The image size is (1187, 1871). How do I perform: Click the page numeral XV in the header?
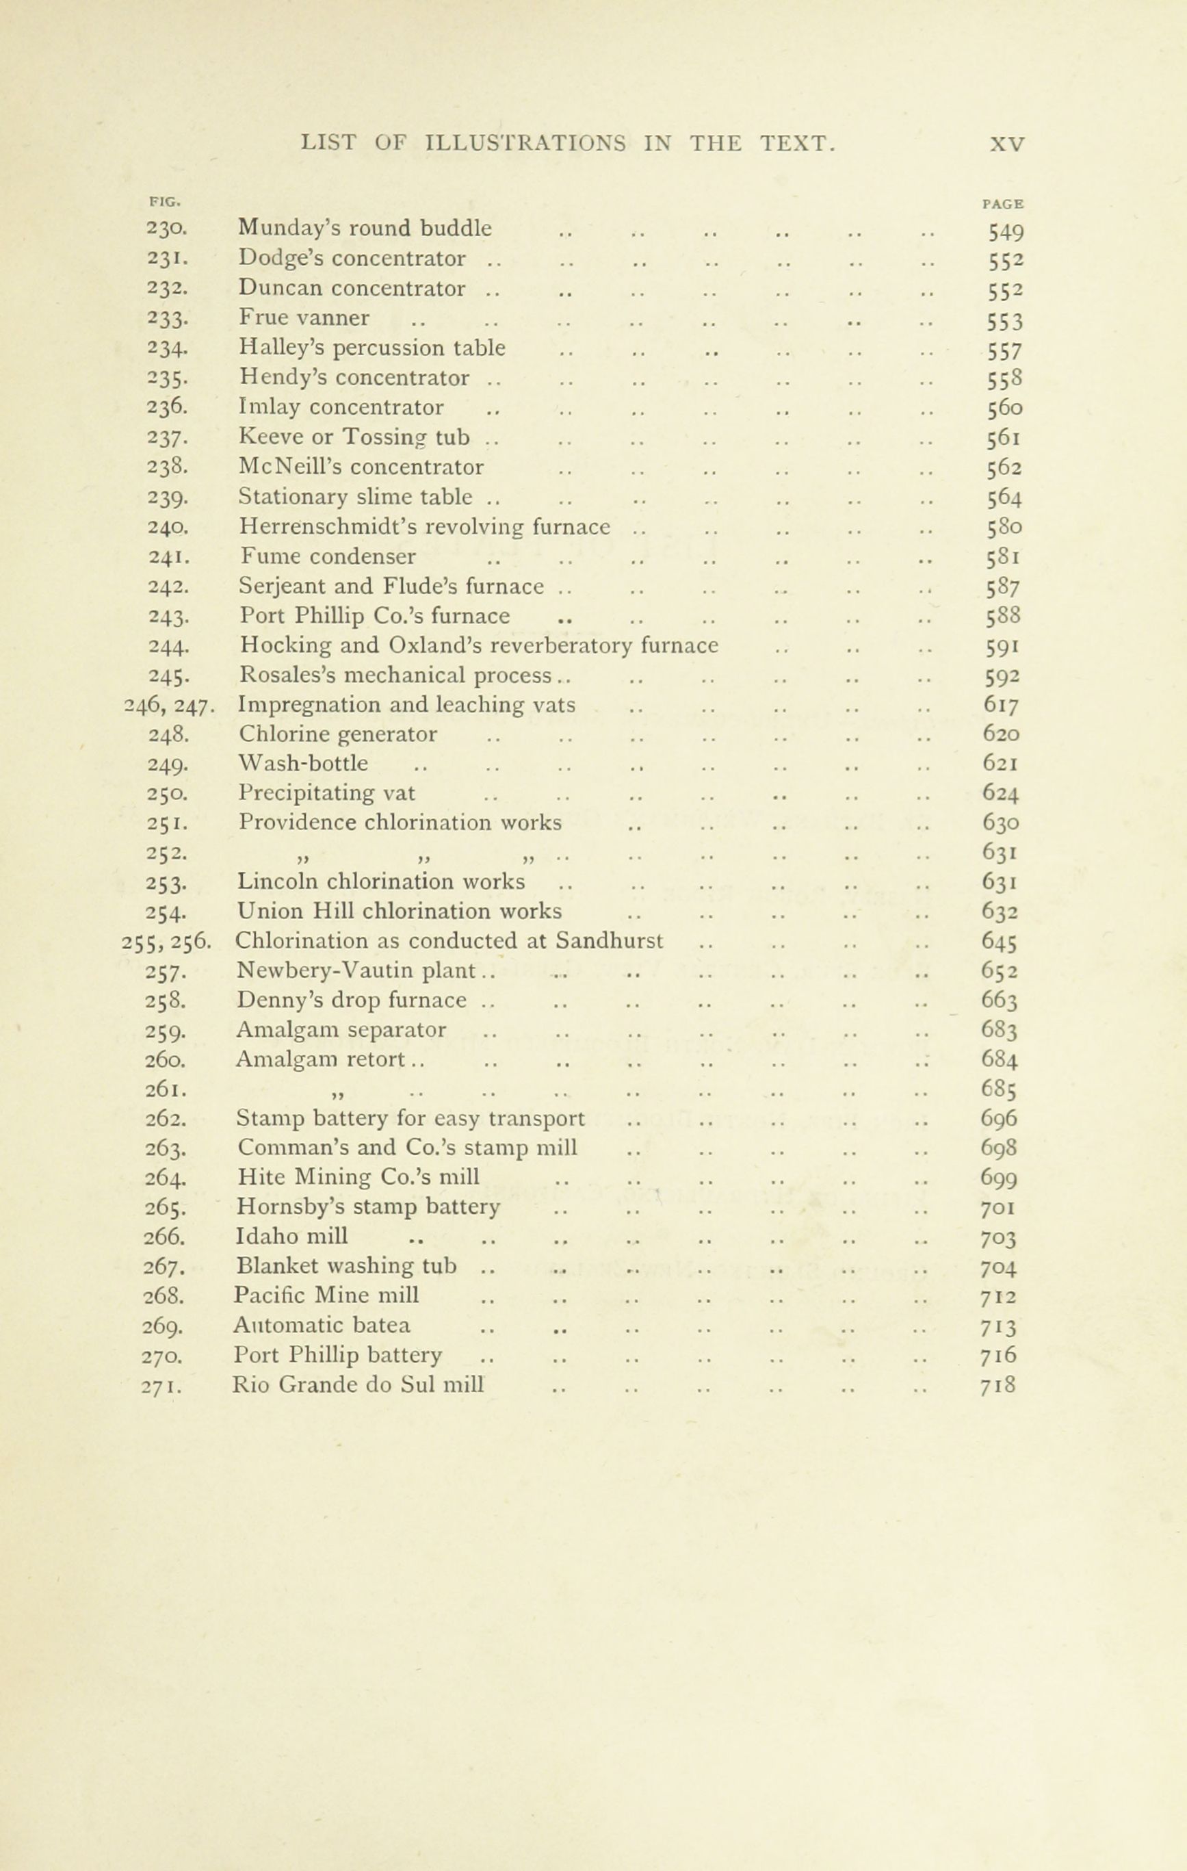click(1007, 144)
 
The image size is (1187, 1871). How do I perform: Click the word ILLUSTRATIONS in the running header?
click(526, 143)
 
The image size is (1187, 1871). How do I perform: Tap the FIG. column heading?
click(164, 201)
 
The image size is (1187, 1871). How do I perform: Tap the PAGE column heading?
click(1003, 205)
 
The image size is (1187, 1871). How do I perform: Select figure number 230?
click(166, 229)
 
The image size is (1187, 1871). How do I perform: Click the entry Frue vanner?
click(304, 318)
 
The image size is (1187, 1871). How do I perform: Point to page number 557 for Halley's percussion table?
click(1005, 350)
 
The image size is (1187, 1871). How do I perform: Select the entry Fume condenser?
click(328, 556)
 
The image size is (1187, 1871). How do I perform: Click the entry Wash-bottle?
click(303, 763)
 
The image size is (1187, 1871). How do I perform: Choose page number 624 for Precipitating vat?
click(1000, 793)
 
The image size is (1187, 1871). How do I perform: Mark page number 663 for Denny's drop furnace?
click(1000, 1001)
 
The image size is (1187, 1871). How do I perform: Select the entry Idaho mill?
click(291, 1235)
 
